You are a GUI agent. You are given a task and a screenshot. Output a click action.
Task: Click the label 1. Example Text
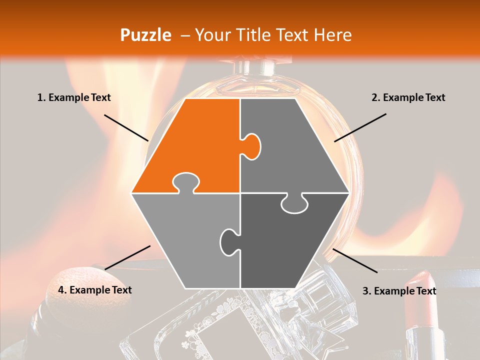coord(74,97)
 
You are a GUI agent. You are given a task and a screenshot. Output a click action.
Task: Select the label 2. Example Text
coord(408,97)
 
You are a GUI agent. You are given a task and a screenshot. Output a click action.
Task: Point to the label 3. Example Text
coord(399,291)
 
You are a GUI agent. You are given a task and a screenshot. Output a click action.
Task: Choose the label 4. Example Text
coord(95,290)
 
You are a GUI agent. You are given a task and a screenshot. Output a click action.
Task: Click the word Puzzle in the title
coord(145,35)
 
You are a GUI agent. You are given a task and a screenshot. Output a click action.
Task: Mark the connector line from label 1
coord(126,128)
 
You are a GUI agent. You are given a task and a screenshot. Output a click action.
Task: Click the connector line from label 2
coord(360,127)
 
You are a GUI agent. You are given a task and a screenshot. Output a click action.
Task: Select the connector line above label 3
coord(355,260)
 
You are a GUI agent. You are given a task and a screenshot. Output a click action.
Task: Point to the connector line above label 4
coord(127,258)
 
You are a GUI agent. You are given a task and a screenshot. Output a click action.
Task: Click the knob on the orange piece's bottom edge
coord(186,183)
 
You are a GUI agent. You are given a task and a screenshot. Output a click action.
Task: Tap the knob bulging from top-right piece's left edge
coord(251,146)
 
